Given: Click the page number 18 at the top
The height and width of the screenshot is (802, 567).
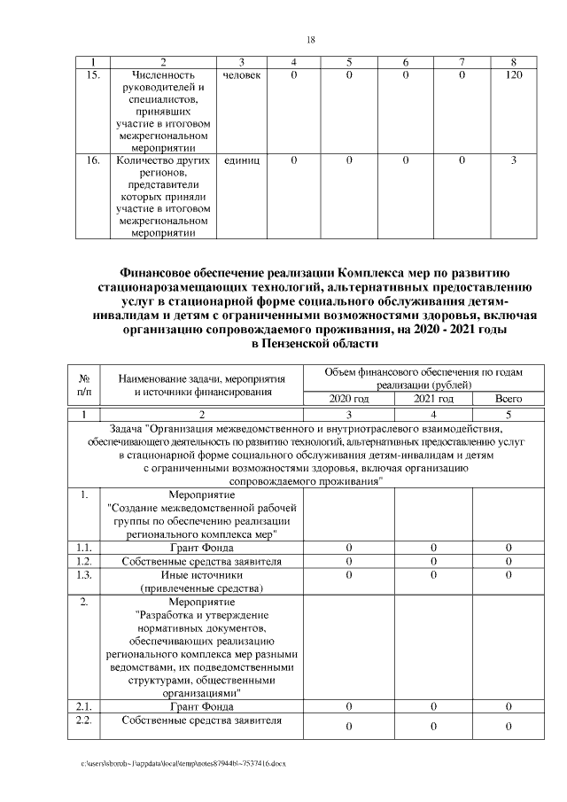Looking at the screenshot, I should coord(311,40).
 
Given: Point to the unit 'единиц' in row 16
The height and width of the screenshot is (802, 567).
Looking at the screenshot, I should coord(241,160).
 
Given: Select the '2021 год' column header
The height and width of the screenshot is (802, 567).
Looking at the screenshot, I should coord(433,400).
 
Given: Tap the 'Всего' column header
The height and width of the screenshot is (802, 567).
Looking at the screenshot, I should coord(509,400).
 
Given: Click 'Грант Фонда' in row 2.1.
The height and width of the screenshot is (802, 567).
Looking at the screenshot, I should coord(202,706).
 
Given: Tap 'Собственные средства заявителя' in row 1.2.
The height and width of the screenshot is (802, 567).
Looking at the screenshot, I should coord(202,561).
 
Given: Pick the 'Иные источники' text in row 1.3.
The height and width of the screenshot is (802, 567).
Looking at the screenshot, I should coord(202,574).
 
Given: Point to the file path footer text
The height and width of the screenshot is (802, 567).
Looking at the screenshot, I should coord(183,763).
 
